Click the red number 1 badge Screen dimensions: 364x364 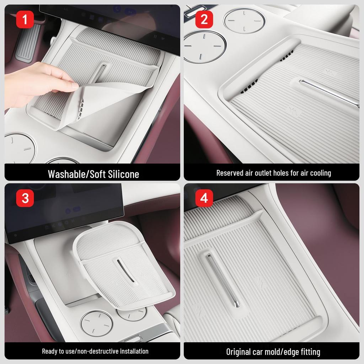[25, 20]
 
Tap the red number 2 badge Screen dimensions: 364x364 [204, 20]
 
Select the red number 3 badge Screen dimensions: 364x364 [25, 198]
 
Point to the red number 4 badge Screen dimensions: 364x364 [204, 198]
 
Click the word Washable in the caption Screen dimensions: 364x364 [68, 174]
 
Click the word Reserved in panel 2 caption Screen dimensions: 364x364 [230, 173]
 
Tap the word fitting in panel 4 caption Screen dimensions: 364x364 [309, 352]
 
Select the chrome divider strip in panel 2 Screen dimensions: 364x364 [329, 93]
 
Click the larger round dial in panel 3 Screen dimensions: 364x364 [97, 323]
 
